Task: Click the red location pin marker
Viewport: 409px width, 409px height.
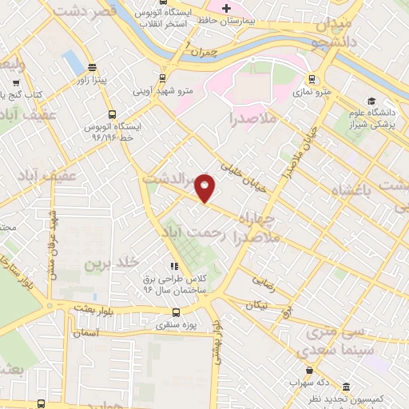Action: (205, 188)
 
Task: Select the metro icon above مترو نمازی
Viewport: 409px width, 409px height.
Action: (311, 80)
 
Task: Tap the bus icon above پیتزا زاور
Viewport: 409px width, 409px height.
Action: (93, 68)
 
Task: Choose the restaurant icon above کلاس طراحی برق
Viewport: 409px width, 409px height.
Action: (173, 266)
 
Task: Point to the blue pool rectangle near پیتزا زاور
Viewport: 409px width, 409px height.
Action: (73, 61)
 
